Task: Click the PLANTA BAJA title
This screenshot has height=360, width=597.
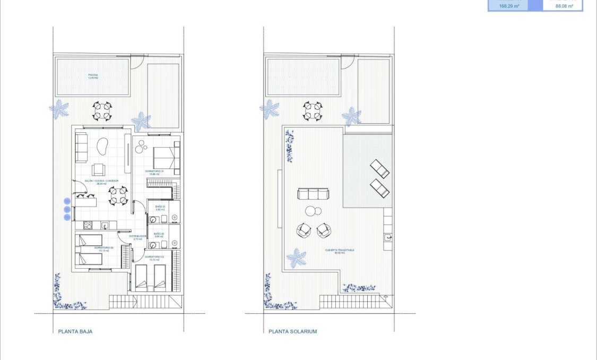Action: [75, 331]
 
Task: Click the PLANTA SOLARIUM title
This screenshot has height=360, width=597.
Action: [292, 331]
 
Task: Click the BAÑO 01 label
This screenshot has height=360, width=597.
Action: [160, 208]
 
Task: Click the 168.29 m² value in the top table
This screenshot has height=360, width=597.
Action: [508, 6]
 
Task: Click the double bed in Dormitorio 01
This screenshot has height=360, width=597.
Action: [166, 157]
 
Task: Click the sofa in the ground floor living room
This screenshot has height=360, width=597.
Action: [82, 148]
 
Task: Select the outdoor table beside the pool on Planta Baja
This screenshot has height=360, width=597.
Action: [102, 111]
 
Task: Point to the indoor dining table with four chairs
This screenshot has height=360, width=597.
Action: [118, 195]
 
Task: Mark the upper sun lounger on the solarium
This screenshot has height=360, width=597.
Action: [379, 168]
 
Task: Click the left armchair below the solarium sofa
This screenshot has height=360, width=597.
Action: [304, 230]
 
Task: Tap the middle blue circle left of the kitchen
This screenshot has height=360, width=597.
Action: [67, 210]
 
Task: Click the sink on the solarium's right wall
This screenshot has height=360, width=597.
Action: [388, 237]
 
